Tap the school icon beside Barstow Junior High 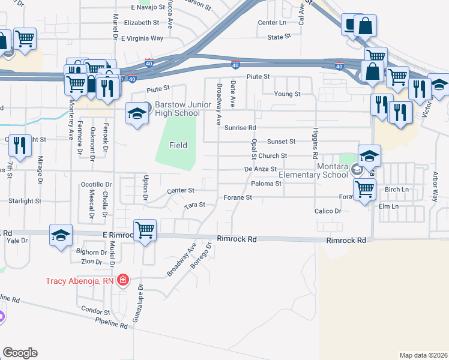(137, 113)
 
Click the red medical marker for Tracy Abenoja (123, 280)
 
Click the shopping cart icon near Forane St (365, 190)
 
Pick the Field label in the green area (178, 145)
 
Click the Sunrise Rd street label (240, 128)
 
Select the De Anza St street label (260, 170)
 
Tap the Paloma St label (267, 183)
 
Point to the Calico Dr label (328, 211)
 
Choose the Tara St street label (194, 205)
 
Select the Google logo (20, 353)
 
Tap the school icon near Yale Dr (61, 235)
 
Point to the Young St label (287, 94)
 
